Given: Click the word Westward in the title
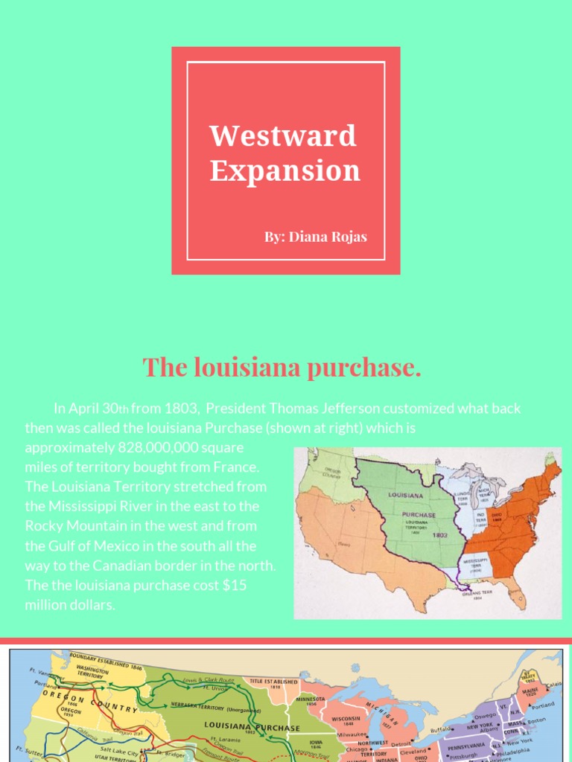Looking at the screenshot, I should click(283, 136).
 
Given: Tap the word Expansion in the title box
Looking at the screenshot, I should click(285, 170).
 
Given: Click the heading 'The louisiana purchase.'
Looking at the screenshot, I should click(282, 367).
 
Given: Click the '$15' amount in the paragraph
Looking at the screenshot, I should click(235, 585).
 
